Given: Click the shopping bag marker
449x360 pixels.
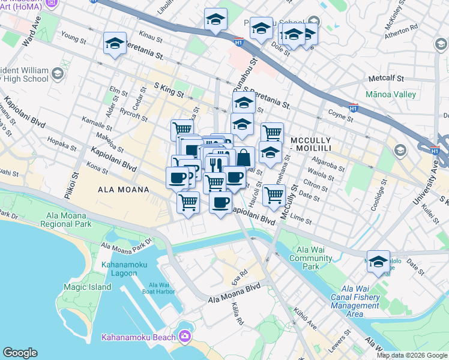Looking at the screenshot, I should pyautogui.click(x=244, y=158).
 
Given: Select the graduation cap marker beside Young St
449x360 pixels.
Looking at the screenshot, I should pyautogui.click(x=115, y=44).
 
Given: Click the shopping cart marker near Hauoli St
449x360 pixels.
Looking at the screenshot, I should pyautogui.click(x=274, y=194).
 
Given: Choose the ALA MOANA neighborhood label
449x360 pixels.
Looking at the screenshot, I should pyautogui.click(x=123, y=190).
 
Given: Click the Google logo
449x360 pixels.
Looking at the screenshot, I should pyautogui.click(x=20, y=353).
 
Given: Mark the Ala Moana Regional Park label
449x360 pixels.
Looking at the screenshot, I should pyautogui.click(x=65, y=220).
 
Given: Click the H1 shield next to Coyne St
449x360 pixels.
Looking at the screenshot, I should pyautogui.click(x=354, y=108).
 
